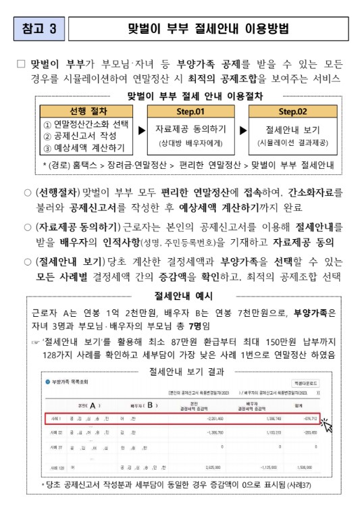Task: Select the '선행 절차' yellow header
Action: (x=87, y=110)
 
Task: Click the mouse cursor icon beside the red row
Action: (x=327, y=426)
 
